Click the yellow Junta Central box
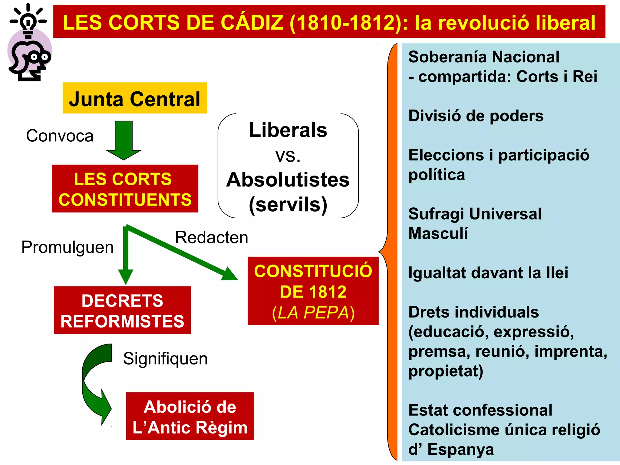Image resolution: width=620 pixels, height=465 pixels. [135, 98]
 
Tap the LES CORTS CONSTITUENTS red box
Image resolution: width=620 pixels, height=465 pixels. [125, 189]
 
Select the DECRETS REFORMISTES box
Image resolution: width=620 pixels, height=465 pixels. [122, 310]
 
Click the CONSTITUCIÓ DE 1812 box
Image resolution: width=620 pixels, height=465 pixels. [313, 291]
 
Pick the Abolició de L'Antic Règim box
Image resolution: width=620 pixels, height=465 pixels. [190, 416]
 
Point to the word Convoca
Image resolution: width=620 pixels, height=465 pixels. [60, 136]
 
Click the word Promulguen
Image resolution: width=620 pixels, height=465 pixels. [67, 247]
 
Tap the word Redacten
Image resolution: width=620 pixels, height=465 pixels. [211, 237]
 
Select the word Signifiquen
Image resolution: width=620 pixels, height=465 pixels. [165, 359]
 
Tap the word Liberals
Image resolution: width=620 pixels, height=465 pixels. [288, 130]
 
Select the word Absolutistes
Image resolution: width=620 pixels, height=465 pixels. [288, 180]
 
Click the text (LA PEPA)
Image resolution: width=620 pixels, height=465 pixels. [313, 313]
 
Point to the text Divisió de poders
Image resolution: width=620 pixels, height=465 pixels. [476, 116]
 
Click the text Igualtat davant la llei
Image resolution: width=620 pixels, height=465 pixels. [488, 273]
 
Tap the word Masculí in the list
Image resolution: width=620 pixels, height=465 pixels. [438, 234]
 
